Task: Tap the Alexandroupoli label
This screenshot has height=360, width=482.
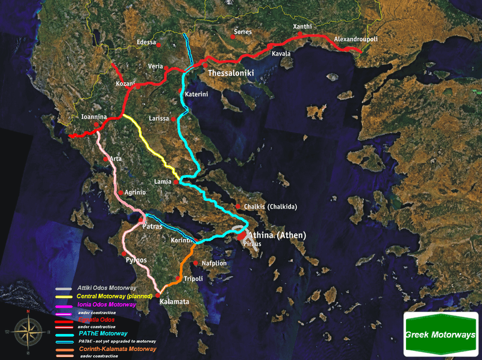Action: [355, 40]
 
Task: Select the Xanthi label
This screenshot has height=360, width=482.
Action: [302, 27]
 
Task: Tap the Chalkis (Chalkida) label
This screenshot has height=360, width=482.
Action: [271, 207]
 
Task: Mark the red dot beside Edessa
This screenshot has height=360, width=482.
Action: [160, 45]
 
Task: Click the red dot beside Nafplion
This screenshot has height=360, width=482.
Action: [196, 263]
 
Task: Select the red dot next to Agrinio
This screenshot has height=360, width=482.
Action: [121, 193]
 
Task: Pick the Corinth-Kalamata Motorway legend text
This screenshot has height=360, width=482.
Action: [117, 349]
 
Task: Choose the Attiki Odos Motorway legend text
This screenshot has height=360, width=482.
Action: [107, 289]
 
